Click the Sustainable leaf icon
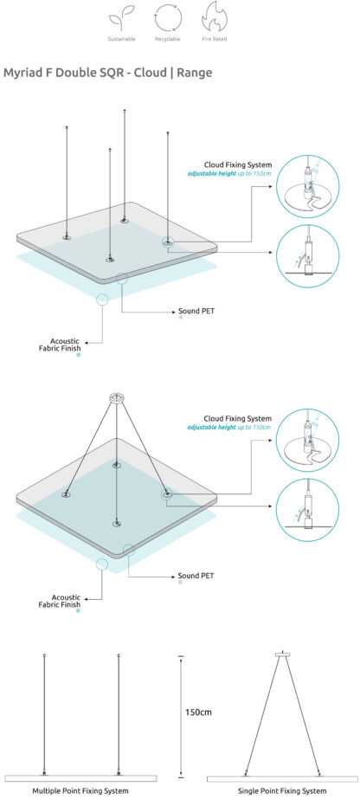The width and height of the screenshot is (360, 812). click(122, 21)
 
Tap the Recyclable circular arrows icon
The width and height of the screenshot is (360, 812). click(168, 18)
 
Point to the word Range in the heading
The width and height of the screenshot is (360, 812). click(194, 73)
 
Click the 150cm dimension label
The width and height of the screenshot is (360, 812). click(198, 712)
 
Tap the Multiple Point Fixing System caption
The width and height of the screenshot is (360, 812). click(80, 790)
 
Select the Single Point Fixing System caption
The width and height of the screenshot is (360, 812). click(282, 790)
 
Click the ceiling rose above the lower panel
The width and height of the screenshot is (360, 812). click(116, 397)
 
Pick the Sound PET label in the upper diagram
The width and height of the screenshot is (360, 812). click(196, 312)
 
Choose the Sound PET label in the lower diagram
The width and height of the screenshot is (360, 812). click(196, 576)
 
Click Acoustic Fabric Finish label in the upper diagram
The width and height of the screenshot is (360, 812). click(60, 345)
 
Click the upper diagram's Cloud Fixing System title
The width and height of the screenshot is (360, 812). click(237, 165)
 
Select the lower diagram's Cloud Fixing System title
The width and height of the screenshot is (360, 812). click(237, 418)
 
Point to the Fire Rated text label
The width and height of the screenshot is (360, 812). click(215, 39)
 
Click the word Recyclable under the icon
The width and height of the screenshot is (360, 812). click(168, 39)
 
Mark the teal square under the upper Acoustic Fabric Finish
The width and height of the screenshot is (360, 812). click(78, 355)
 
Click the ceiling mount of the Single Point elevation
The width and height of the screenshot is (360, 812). click(282, 654)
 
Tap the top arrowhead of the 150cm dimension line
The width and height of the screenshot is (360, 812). click(181, 658)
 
